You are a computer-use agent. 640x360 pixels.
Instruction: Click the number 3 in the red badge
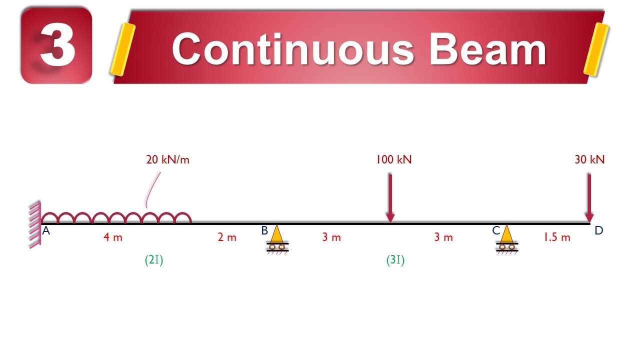[x=58, y=47]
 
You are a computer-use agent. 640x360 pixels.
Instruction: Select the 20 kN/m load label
[x=167, y=160]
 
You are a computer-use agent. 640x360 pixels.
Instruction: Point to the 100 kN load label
[x=393, y=159]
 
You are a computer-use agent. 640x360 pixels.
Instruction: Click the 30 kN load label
[x=589, y=159]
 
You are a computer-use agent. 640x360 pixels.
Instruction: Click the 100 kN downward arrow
[x=390, y=197]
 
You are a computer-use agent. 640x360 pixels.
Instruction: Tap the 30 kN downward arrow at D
[x=589, y=197]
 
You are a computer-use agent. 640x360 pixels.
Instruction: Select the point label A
[x=46, y=231]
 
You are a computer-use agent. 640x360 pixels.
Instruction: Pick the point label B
[x=264, y=230]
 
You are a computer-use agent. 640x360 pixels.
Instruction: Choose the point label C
[x=496, y=230]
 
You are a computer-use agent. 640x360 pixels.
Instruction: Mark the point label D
[x=599, y=230]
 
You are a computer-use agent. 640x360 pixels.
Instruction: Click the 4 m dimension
[x=113, y=237]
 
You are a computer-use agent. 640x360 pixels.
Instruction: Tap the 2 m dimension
[x=227, y=237]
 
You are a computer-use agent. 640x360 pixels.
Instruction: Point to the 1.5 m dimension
[x=557, y=237]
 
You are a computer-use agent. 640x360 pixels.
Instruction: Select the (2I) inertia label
[x=154, y=260]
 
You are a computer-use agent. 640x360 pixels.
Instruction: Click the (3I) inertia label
[x=395, y=260]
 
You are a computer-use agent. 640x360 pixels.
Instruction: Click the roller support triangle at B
[x=276, y=234]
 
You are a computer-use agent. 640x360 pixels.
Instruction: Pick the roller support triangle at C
[x=506, y=234]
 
